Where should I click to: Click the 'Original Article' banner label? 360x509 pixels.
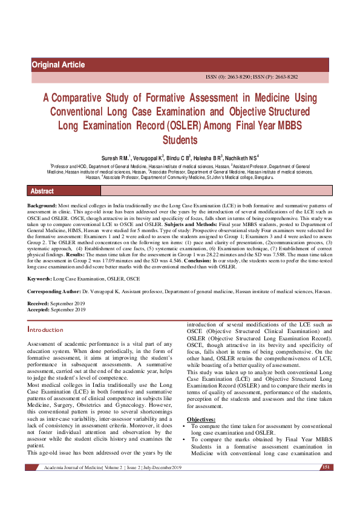(x=58, y=65)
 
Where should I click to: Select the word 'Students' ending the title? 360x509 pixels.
(x=180, y=140)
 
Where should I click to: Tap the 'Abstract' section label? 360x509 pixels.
(x=42, y=191)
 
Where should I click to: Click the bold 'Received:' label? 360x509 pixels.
(x=39, y=303)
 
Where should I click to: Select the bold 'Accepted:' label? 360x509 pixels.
(x=39, y=308)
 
